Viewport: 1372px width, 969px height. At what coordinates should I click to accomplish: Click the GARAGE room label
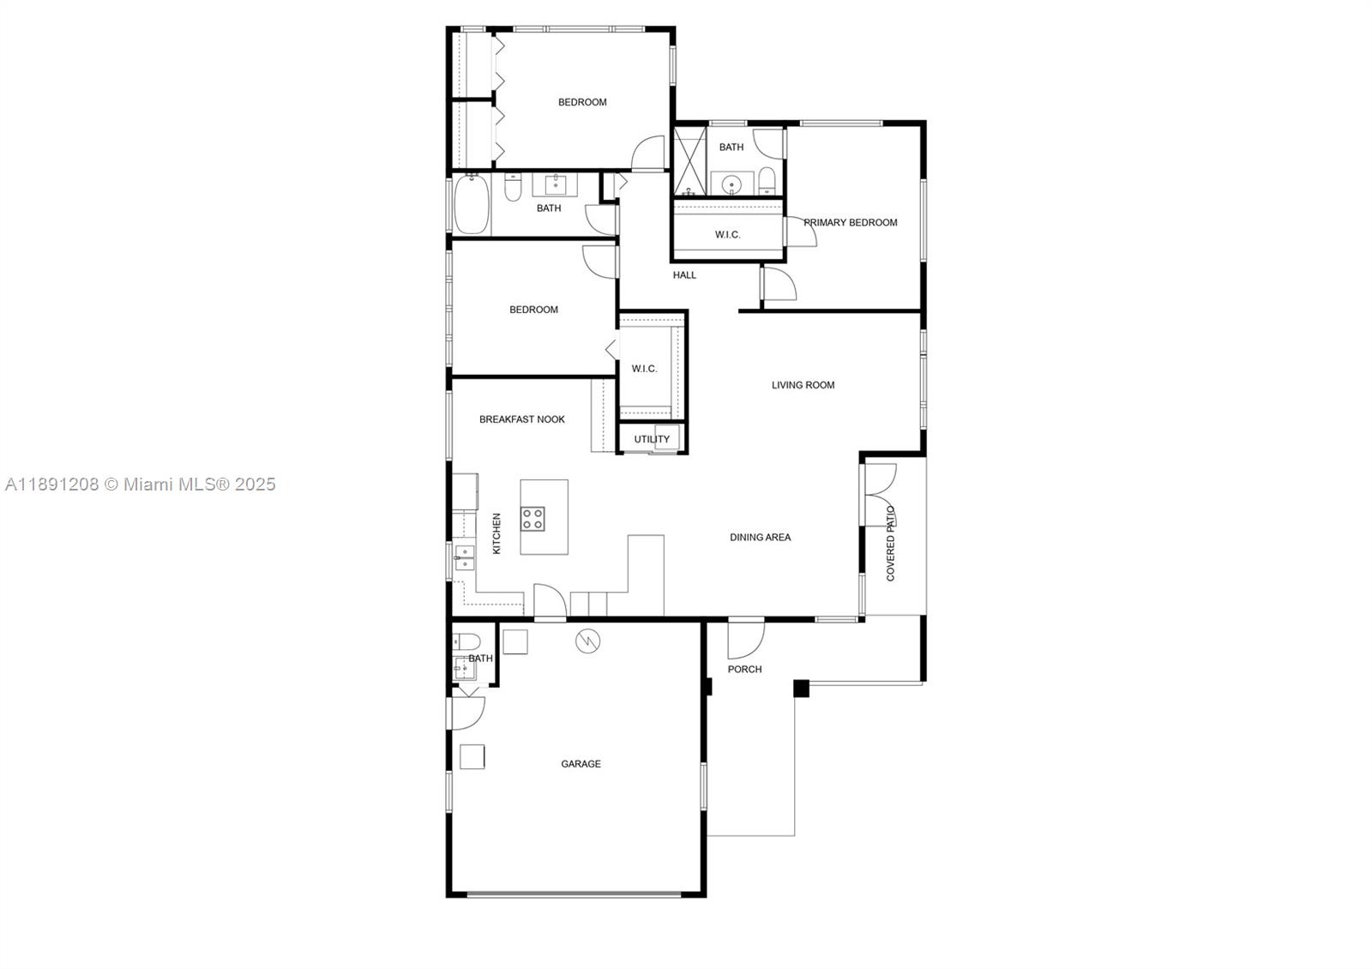coord(581,764)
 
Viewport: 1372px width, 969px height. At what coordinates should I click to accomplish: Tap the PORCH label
coord(745,670)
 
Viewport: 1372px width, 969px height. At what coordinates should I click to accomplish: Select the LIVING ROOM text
coord(803,385)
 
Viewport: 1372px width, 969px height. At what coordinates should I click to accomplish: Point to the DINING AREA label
coord(760,537)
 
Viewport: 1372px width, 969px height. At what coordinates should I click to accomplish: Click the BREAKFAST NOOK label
coord(522,419)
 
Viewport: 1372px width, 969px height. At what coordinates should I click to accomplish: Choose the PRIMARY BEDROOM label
coord(851,222)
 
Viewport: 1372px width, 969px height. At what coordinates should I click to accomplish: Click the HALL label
coord(684,275)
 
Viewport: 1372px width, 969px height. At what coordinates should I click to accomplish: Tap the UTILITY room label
coord(652,439)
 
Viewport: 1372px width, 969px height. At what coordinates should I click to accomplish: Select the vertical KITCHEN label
coord(496,533)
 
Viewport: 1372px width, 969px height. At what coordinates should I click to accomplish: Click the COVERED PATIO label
coord(891,544)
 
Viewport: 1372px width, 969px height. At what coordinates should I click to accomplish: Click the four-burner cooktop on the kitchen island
coord(533,519)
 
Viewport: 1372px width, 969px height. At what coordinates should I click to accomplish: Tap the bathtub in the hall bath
coord(471,205)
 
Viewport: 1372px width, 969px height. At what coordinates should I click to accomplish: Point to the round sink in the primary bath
coord(731,184)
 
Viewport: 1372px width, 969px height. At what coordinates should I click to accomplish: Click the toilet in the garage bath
coord(466,642)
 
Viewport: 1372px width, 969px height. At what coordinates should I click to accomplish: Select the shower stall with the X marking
coord(689,161)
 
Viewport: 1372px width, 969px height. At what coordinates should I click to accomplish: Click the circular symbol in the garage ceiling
coord(588,641)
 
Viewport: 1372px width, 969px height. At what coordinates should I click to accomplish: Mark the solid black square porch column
coord(801,689)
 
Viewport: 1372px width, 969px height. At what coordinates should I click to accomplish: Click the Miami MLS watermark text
coord(141,484)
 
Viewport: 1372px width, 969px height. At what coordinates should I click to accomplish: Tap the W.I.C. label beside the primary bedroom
coord(728,235)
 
